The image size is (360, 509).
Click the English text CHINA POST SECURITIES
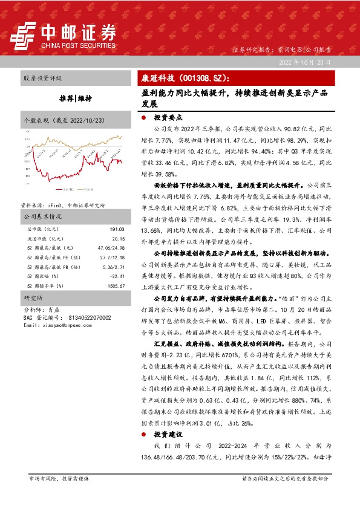[78, 45]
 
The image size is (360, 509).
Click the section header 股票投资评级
[42, 79]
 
